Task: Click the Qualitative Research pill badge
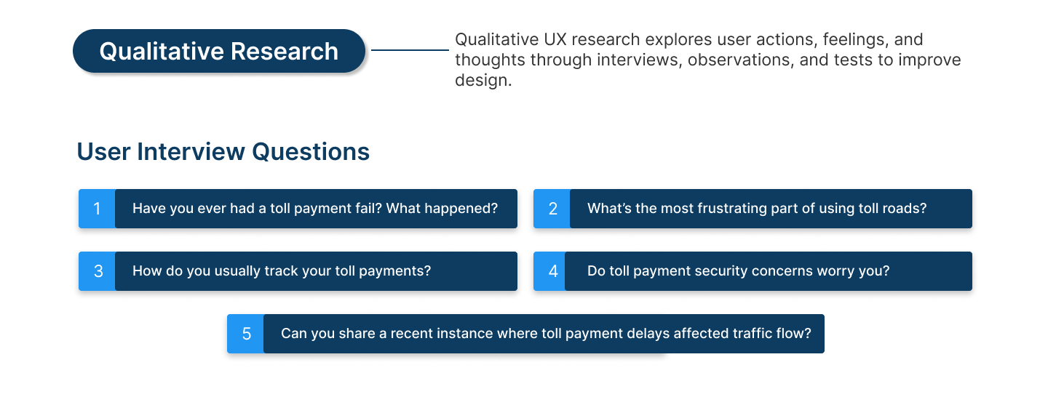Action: point(219,51)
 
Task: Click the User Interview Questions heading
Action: point(223,152)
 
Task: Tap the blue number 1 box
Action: point(97,209)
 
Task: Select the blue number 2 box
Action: point(552,209)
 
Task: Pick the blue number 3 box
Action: point(97,271)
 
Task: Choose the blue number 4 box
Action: point(549,271)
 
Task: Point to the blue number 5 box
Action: point(246,334)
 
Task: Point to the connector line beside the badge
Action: point(410,50)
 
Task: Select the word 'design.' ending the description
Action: point(483,81)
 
